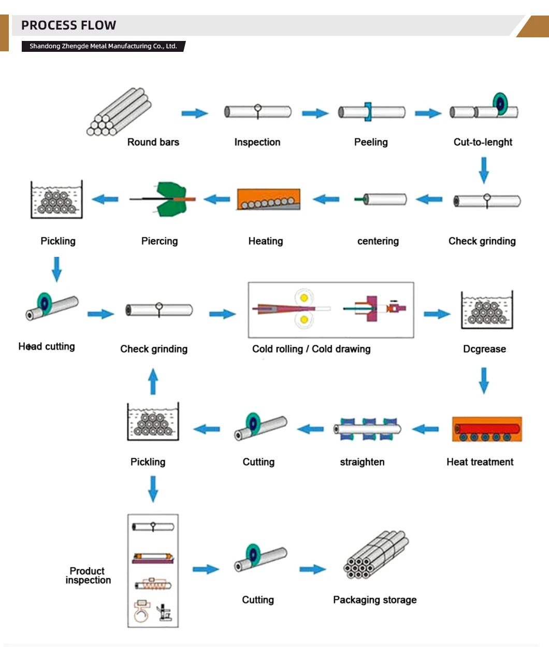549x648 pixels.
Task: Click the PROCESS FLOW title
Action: [x=69, y=25]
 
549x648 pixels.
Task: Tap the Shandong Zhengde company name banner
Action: [x=103, y=46]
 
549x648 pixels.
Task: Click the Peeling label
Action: [x=371, y=142]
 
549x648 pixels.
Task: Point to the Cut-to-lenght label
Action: [x=483, y=142]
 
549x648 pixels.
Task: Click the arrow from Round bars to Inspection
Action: [x=195, y=114]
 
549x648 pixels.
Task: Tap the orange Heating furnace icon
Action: [x=268, y=200]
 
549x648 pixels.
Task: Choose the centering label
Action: [x=378, y=241]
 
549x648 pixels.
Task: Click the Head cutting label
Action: [x=47, y=346]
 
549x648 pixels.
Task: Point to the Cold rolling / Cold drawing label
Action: [x=311, y=349]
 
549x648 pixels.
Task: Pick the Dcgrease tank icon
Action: [x=487, y=311]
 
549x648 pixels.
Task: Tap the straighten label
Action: [x=362, y=462]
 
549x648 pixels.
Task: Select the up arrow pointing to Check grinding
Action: [x=153, y=382]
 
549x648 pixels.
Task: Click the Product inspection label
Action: [x=88, y=575]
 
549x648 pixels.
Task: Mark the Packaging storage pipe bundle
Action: [x=375, y=555]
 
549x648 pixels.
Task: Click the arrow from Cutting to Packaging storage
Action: [x=312, y=570]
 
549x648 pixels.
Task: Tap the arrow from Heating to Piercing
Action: [x=216, y=199]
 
